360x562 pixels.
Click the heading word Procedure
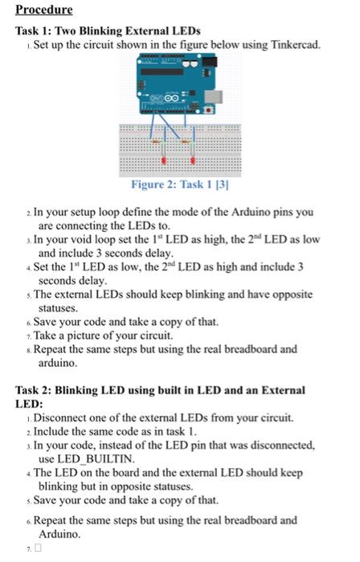[45, 10]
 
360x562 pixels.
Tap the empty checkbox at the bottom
[38, 548]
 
